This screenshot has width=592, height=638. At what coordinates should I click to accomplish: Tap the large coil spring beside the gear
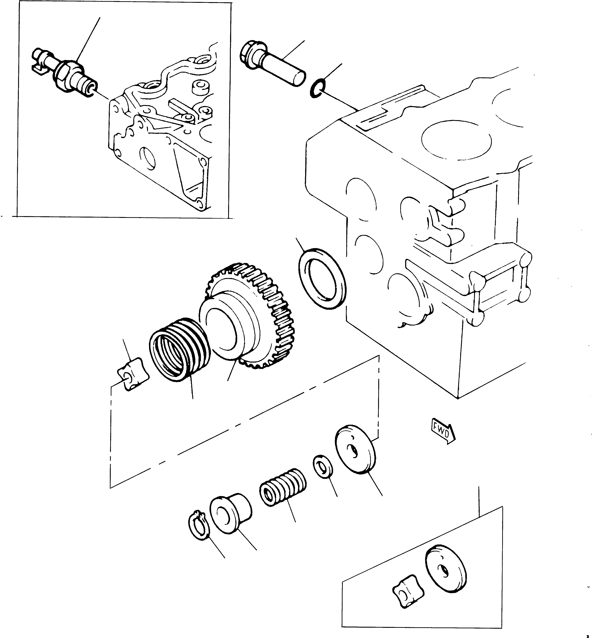coord(179,349)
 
